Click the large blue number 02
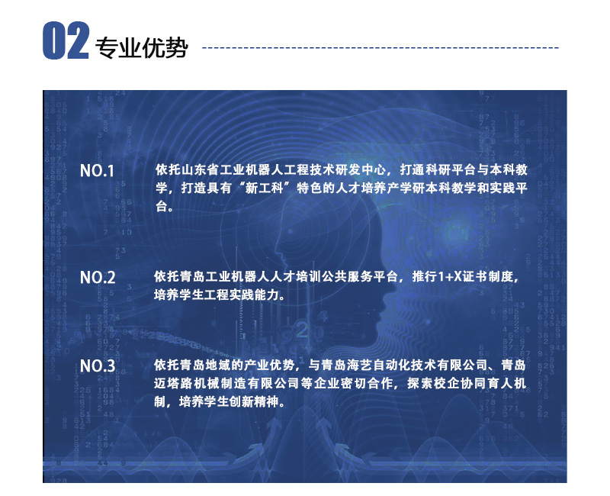[x=66, y=41]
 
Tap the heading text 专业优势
[x=142, y=48]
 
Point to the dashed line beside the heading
[x=380, y=48]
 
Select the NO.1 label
[x=97, y=171]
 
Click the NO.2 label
[x=98, y=278]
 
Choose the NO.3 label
[x=98, y=366]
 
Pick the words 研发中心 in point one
[x=361, y=169]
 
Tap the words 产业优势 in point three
[x=269, y=366]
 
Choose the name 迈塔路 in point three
[x=174, y=384]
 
